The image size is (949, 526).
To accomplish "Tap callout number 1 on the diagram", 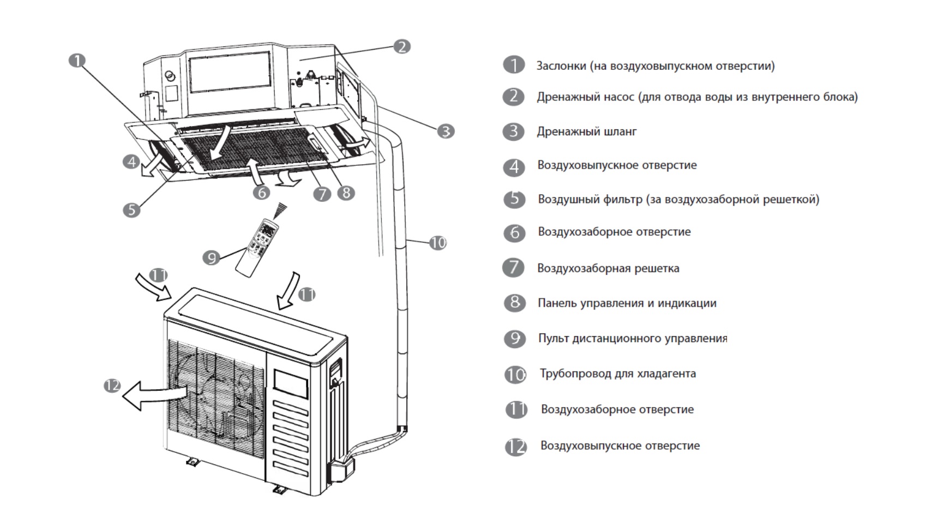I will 77,61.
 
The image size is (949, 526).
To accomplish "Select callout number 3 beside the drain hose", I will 446,131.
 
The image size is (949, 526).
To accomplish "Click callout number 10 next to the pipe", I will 437,243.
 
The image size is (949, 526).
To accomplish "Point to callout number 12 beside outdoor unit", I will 112,386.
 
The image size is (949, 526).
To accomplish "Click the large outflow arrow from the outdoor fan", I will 153,394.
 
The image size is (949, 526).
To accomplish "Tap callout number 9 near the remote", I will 211,258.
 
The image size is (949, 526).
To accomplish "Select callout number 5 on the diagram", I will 131,210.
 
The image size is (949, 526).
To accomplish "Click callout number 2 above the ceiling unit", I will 402,46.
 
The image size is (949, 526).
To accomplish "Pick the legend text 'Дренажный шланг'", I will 586,131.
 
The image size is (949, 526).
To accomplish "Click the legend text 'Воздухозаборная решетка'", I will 608,268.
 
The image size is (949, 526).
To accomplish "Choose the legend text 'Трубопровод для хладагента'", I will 617,374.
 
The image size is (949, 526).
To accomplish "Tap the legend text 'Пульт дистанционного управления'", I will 633,338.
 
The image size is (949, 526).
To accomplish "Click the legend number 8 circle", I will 514,303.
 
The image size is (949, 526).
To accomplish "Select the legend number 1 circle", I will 514,65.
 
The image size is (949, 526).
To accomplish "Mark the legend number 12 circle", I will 515,447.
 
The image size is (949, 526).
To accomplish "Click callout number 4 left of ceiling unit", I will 131,162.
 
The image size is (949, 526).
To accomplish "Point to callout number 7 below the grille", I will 322,194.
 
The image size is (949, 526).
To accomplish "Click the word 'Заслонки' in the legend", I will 560,66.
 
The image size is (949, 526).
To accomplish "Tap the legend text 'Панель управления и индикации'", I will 627,303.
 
